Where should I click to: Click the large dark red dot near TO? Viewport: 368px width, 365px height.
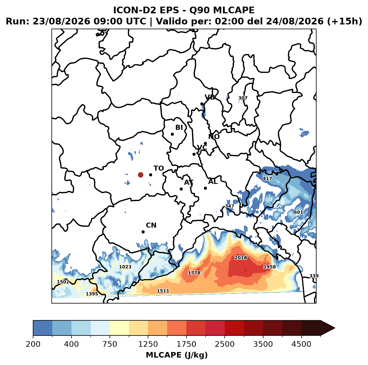(140, 175)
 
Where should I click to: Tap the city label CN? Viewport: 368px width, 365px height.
(151, 225)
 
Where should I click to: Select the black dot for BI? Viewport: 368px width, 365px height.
(172, 134)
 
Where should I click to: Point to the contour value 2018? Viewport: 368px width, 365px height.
(241, 258)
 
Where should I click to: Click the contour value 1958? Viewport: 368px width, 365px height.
(270, 267)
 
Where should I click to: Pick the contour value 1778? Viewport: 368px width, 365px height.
(194, 273)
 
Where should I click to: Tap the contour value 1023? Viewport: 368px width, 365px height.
(125, 267)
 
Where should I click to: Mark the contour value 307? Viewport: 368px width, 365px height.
(243, 98)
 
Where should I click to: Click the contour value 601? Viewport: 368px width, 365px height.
(298, 212)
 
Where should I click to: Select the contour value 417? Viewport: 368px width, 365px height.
(267, 179)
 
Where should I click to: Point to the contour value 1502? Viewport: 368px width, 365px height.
(63, 282)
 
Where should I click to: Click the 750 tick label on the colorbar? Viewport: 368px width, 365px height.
(110, 344)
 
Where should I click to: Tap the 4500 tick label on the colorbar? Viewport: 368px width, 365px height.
(301, 344)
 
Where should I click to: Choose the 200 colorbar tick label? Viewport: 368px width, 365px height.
(33, 344)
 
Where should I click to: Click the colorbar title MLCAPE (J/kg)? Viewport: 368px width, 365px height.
(177, 355)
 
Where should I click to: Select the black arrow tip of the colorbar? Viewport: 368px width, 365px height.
(335, 328)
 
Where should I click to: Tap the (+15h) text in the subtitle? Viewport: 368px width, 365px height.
(345, 21)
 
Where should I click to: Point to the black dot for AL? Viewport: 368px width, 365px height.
(205, 188)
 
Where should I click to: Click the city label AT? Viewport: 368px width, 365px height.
(189, 182)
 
